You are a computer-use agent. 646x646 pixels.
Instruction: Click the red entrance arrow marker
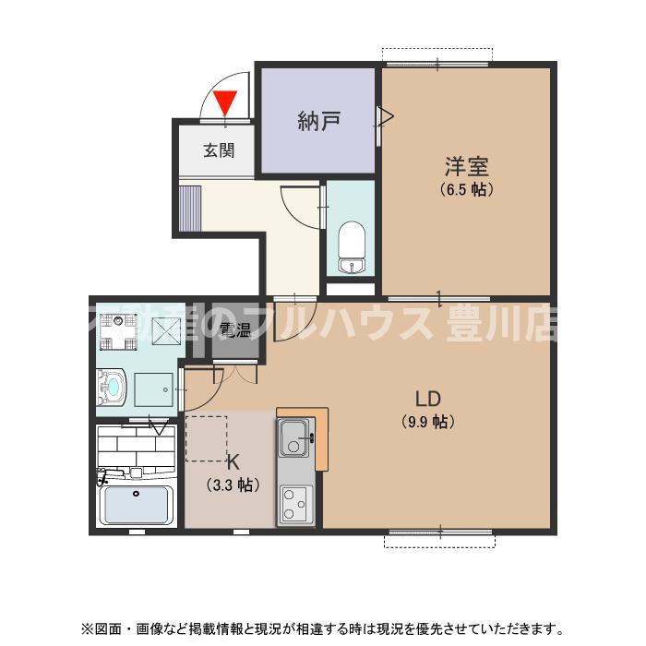[225, 102]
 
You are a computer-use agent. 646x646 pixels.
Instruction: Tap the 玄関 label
[219, 150]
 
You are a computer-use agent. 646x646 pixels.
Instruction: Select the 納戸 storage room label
[317, 120]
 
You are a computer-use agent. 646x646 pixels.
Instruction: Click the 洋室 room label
[466, 167]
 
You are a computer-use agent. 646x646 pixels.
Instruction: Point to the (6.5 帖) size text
[466, 190]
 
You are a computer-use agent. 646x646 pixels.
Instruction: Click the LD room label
[427, 400]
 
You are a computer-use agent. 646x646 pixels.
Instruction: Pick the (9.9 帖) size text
[427, 423]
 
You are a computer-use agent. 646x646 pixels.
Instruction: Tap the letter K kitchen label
[233, 463]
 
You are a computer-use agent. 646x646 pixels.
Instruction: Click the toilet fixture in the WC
[352, 245]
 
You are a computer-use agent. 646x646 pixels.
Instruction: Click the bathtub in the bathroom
[137, 504]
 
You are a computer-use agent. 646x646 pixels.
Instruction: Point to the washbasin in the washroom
[113, 387]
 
